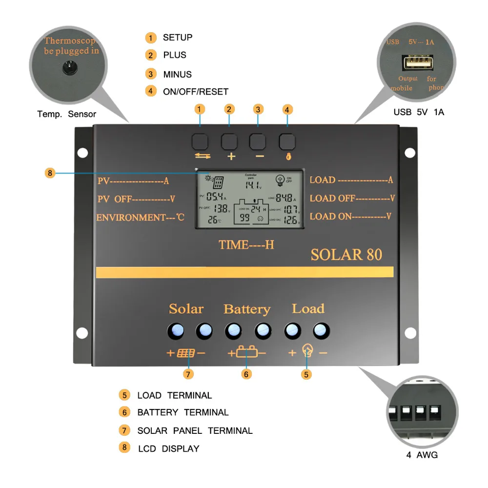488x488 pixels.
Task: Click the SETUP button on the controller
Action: (x=200, y=142)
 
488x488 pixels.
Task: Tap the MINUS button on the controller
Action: (x=258, y=142)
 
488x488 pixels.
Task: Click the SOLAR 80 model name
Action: (x=346, y=255)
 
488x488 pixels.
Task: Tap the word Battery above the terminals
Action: (x=246, y=309)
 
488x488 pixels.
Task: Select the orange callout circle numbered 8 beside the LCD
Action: (x=50, y=173)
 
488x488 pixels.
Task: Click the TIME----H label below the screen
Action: (x=246, y=244)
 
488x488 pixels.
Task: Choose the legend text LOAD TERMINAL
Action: (x=174, y=395)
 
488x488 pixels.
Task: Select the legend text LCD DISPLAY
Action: (x=168, y=448)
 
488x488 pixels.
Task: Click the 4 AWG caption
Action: (x=422, y=455)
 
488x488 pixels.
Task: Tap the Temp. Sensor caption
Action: (x=67, y=114)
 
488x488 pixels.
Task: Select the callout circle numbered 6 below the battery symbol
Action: (x=246, y=374)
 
